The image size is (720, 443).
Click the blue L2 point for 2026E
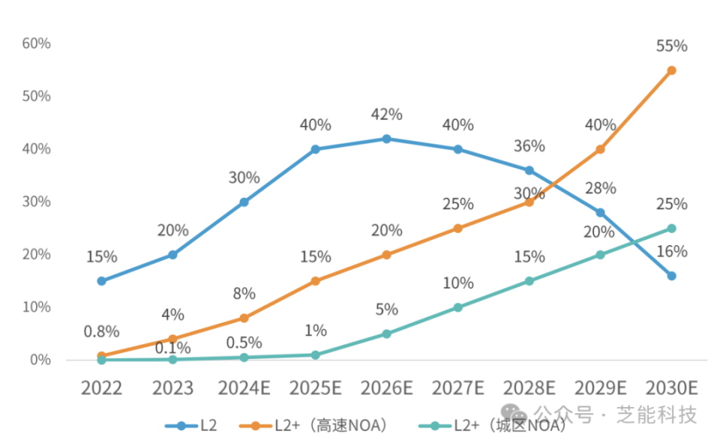(386, 139)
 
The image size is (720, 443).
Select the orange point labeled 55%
(671, 70)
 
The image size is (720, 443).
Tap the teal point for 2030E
(671, 229)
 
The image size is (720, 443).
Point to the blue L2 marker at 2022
(101, 281)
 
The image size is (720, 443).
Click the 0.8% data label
(100, 331)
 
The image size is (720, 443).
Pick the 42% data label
(387, 114)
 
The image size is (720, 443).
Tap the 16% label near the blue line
(671, 252)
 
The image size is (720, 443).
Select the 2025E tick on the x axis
(315, 388)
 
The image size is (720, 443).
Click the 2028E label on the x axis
(529, 388)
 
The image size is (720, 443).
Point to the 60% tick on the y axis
(36, 43)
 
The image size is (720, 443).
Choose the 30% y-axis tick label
(36, 202)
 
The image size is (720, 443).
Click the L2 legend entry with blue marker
(192, 426)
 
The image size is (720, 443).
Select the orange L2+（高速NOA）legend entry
(315, 426)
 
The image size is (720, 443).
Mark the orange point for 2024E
(244, 318)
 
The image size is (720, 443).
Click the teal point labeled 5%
(386, 334)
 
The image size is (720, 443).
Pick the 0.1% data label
(172, 348)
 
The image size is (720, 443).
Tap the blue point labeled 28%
(600, 213)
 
